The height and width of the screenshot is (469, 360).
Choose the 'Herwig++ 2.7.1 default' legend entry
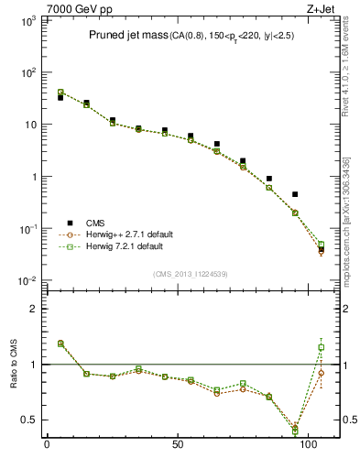coord(123,234)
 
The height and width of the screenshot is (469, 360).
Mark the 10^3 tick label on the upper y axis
coord(22,20)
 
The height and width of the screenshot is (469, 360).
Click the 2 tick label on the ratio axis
coord(29,309)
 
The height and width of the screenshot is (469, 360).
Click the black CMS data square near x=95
coord(295,194)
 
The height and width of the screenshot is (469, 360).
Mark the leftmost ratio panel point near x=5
coord(60,344)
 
